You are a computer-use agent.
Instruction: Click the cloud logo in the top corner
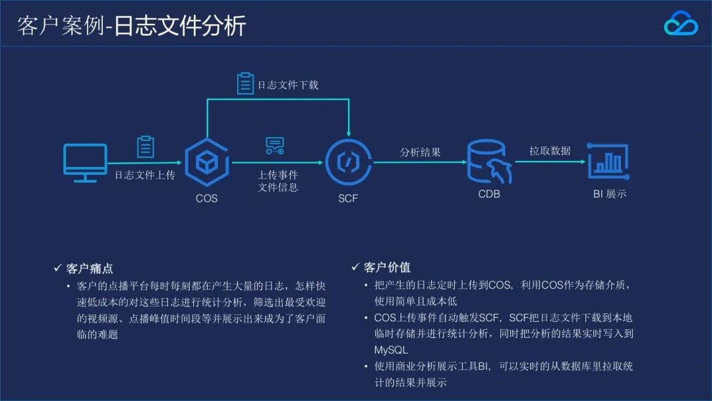point(680,25)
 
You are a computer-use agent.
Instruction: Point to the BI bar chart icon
point(608,160)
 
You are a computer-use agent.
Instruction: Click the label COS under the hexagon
point(206,198)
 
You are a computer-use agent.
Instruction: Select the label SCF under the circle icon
point(347,198)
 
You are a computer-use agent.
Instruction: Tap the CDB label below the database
point(489,194)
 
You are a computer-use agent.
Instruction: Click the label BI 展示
point(609,194)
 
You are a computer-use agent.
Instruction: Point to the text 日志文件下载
point(287,84)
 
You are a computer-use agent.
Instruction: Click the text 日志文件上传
point(145,175)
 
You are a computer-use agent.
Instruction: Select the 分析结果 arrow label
point(420,152)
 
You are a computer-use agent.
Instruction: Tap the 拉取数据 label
point(550,151)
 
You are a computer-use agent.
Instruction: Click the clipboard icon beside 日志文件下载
point(245,83)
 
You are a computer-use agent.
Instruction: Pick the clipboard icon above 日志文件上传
point(146,146)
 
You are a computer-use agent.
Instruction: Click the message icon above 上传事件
point(274,146)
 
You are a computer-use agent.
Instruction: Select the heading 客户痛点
point(90,268)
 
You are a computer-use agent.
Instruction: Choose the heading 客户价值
point(387,267)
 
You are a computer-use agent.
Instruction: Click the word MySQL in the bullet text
point(391,350)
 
